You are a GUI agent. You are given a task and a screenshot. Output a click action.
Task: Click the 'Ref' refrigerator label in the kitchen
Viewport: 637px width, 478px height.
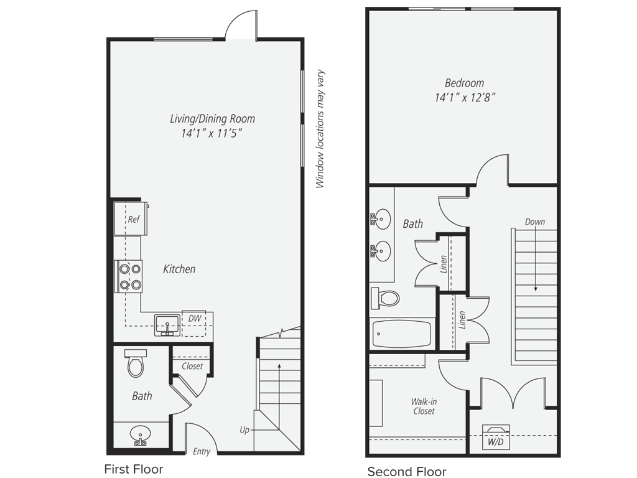point(134,220)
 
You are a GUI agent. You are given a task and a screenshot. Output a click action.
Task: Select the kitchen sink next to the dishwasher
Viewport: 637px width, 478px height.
point(167,325)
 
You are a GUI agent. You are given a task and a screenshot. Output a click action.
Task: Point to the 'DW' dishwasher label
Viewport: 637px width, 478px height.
point(195,319)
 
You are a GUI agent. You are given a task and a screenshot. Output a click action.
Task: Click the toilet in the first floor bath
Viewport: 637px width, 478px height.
point(135,363)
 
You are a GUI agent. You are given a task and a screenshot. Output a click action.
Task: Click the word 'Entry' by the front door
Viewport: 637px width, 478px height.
point(202,452)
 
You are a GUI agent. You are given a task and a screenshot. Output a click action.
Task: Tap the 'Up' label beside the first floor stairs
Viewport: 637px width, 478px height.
point(244,429)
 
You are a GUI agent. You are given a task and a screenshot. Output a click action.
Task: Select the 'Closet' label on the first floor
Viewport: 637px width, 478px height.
point(192,366)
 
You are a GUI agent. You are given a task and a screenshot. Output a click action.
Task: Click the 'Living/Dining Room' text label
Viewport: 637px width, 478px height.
point(213,119)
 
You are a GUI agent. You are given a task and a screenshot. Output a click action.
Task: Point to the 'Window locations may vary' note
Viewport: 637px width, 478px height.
point(320,129)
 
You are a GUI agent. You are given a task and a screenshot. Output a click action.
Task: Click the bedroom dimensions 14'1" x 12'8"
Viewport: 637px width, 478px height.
point(465,98)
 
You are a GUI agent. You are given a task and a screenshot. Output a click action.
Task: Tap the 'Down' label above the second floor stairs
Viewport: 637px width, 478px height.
point(534,222)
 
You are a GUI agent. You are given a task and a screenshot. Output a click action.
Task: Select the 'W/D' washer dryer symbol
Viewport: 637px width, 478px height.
point(495,437)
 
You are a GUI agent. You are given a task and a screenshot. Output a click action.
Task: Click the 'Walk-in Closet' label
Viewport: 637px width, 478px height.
point(424,406)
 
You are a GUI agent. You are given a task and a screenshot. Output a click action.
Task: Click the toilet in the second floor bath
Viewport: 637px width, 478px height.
point(384,299)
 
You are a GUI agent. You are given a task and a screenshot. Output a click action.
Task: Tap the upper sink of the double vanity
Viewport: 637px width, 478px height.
point(381,220)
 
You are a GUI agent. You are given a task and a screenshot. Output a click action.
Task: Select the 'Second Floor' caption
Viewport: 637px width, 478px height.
point(407,472)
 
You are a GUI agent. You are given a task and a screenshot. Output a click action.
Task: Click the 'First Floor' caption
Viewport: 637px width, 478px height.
point(134,469)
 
